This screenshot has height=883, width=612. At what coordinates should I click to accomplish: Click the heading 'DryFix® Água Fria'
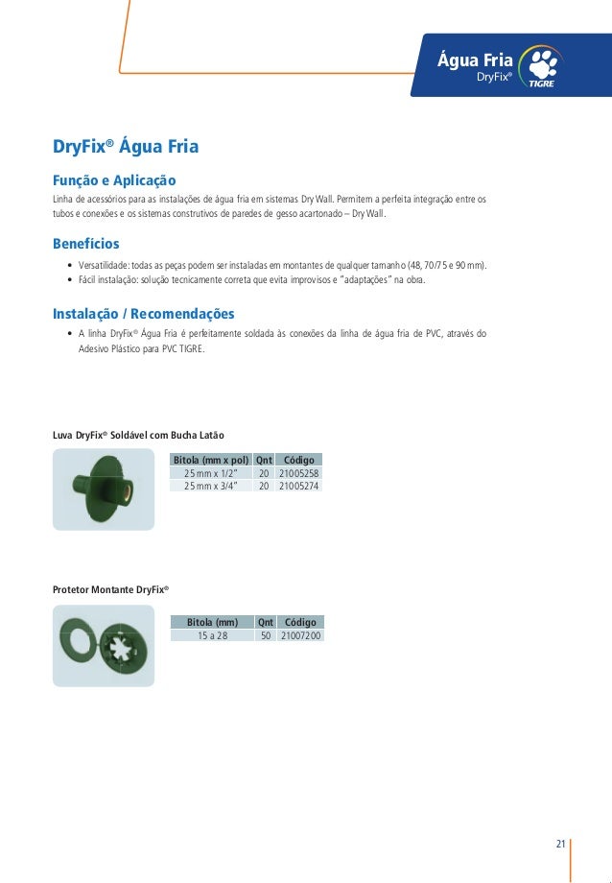(x=125, y=148)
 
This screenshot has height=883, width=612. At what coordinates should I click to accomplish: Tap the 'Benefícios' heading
(x=85, y=244)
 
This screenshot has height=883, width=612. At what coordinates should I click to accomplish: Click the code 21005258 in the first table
(x=298, y=473)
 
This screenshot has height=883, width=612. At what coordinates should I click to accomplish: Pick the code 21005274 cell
(x=298, y=486)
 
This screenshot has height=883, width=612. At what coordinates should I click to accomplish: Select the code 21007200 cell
(x=300, y=635)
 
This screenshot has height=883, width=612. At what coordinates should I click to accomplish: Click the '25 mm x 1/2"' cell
(x=211, y=473)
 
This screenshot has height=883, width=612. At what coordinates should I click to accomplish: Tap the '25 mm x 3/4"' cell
(x=211, y=486)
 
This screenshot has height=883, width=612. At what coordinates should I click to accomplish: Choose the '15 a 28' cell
(x=212, y=635)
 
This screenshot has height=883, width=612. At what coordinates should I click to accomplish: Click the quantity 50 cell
(x=266, y=635)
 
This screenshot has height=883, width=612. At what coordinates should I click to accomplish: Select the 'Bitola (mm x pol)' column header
(x=211, y=460)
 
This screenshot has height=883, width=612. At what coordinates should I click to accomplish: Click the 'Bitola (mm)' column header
(x=212, y=622)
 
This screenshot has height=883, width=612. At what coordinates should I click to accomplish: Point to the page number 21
(x=560, y=844)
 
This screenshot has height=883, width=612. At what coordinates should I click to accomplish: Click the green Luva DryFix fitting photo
(x=100, y=488)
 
